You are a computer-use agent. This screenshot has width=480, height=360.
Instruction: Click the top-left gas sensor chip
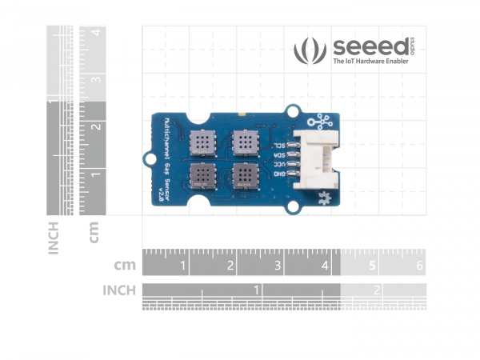point(202,142)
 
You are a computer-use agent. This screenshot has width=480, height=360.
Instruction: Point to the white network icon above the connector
point(323,121)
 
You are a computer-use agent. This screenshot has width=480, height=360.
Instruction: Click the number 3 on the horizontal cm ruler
point(277,265)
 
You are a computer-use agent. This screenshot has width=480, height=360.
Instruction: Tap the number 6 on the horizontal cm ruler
point(419,265)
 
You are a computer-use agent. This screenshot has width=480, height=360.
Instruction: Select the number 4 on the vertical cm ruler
point(94,33)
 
